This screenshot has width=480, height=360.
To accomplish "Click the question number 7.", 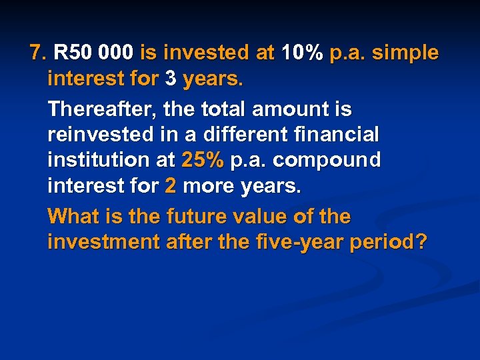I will click(x=38, y=52).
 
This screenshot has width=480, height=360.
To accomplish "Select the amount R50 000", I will click(x=94, y=52).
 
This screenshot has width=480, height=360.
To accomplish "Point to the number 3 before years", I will click(x=171, y=80).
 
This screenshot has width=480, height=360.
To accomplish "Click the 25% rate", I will click(x=203, y=160).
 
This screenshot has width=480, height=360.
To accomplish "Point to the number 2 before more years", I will click(x=170, y=187).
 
